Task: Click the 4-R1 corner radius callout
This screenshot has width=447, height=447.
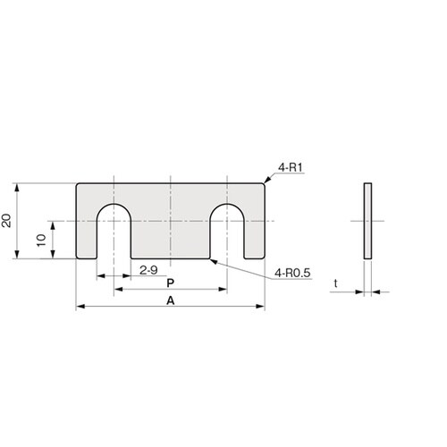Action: coord(291,168)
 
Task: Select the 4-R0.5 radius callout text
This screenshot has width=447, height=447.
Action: coord(292,273)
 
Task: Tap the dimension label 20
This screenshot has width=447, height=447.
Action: coord(6,221)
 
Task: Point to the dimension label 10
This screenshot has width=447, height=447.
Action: coord(42,240)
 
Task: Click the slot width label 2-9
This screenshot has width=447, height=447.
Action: coord(148,270)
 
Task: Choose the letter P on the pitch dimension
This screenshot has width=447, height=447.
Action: coord(171,283)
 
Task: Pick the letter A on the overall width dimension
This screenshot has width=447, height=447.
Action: coord(171,300)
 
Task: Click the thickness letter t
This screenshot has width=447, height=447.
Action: coord(336,283)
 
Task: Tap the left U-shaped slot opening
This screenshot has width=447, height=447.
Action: coord(114,232)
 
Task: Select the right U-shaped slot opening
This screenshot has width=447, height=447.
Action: coord(227,232)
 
